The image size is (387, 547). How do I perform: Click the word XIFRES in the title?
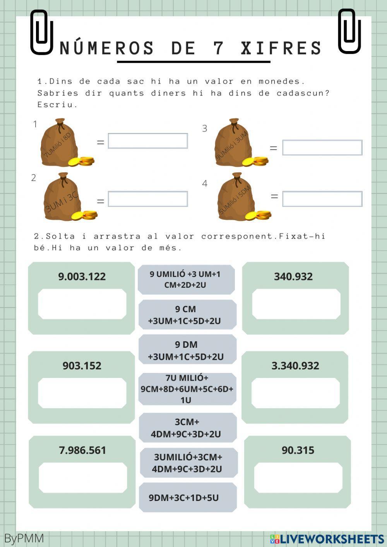(281, 48)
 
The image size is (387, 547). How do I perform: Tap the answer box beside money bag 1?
(148, 141)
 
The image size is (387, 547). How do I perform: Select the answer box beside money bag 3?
(322, 147)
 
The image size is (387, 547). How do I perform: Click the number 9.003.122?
(82, 277)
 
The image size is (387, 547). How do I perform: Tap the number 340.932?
(293, 277)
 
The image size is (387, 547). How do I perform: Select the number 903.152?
(82, 366)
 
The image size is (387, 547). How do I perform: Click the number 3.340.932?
(295, 366)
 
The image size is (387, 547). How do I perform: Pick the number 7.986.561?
(82, 450)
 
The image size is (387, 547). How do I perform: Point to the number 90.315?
(298, 450)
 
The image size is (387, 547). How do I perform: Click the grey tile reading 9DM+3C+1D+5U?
(188, 497)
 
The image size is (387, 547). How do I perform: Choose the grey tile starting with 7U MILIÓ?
(187, 389)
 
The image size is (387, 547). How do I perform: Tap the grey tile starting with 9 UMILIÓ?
(186, 279)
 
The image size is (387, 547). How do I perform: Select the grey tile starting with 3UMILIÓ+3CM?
(188, 463)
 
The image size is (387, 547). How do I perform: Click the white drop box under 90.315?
(298, 478)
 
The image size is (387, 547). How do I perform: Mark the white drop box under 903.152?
(82, 393)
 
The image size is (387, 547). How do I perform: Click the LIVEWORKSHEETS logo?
(327, 539)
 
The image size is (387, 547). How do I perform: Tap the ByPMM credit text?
(24, 538)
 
